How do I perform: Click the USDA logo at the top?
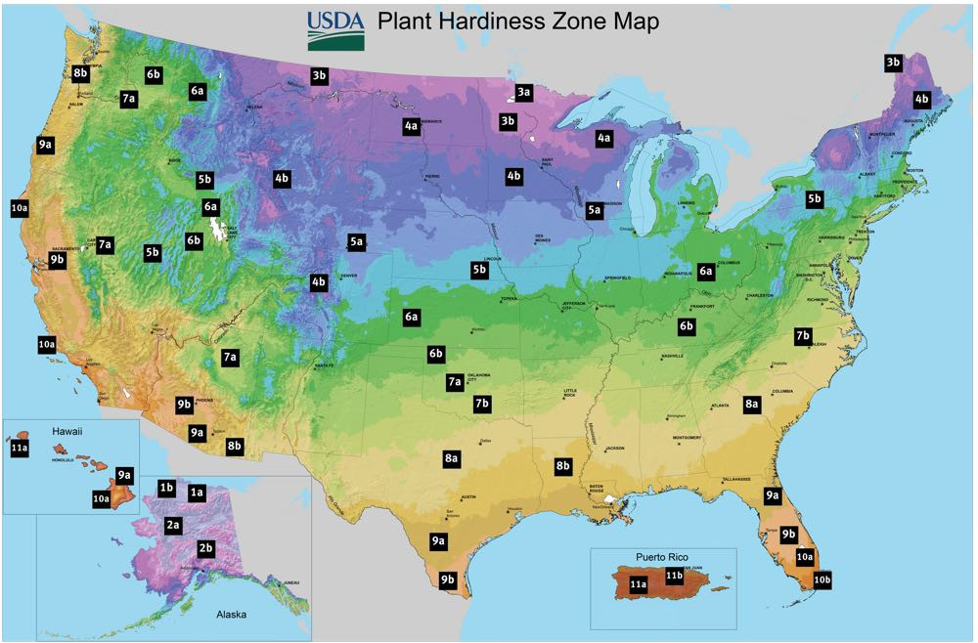point(336,29)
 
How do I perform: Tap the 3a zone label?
point(524,92)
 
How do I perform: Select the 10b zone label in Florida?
point(822,579)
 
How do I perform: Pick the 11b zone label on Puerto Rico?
point(674,576)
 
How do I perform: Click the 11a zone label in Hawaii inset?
point(20,448)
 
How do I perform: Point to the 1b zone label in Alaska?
point(166,487)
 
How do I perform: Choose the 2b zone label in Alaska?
point(206,547)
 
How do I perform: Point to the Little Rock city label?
point(577,394)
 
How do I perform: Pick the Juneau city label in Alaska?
point(289,583)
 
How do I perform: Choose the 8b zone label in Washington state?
point(81,73)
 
